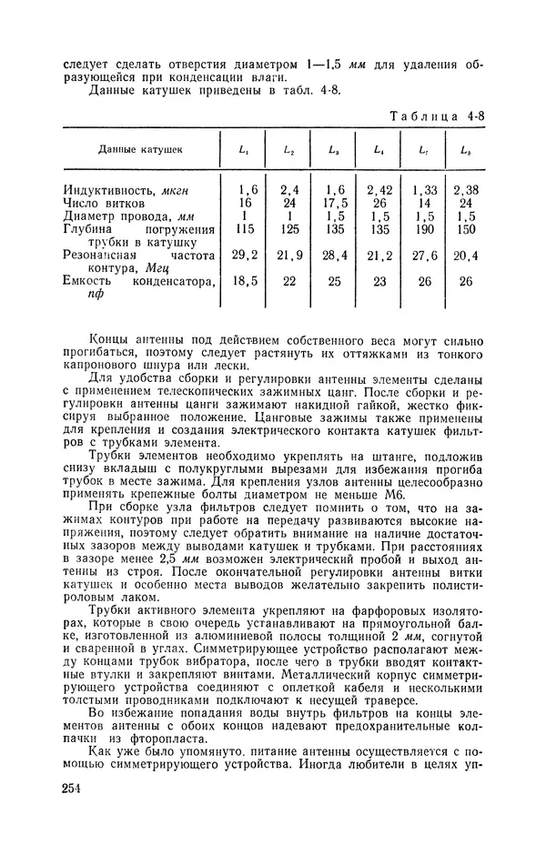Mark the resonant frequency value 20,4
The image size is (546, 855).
point(467,257)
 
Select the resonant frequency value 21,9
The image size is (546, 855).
point(288,257)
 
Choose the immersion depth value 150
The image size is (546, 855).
point(467,230)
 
